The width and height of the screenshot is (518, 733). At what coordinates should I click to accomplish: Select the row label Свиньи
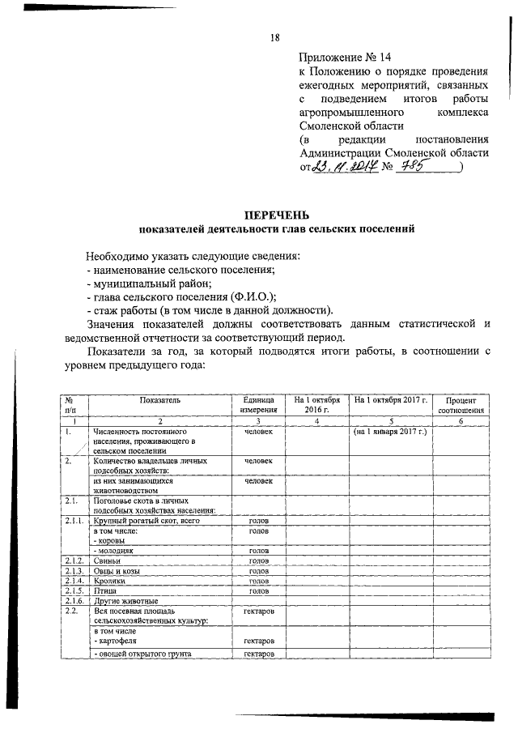point(107,560)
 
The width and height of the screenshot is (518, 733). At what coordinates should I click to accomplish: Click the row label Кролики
point(111,581)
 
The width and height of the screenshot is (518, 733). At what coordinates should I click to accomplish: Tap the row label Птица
point(105,591)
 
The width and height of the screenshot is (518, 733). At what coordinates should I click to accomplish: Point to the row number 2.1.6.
point(74,601)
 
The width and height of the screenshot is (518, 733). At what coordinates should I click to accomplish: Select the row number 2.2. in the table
point(73,612)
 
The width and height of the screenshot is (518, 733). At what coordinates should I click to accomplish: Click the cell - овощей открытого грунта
point(146,654)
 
